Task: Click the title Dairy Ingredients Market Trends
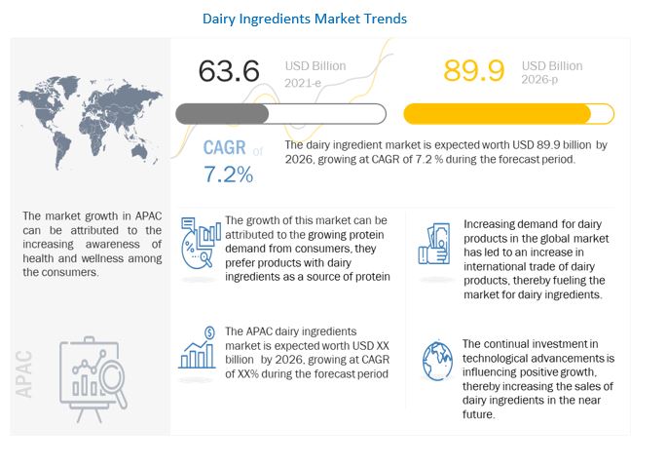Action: click(x=305, y=19)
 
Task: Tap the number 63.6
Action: click(x=229, y=71)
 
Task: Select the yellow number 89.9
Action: click(x=474, y=71)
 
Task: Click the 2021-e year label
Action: click(x=303, y=83)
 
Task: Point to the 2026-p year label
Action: click(x=539, y=79)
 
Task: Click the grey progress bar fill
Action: click(x=222, y=114)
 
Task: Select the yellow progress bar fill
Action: click(x=498, y=114)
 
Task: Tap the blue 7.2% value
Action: click(x=229, y=175)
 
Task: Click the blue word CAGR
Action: click(x=225, y=148)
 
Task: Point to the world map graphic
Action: click(x=91, y=123)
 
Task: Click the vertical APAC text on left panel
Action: click(x=23, y=373)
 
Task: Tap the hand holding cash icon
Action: click(x=434, y=244)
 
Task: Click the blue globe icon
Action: click(x=437, y=362)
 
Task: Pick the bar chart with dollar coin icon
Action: click(x=198, y=348)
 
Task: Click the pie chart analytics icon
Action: click(x=201, y=242)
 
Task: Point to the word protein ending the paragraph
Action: click(x=372, y=277)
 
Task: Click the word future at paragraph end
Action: click(x=478, y=414)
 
